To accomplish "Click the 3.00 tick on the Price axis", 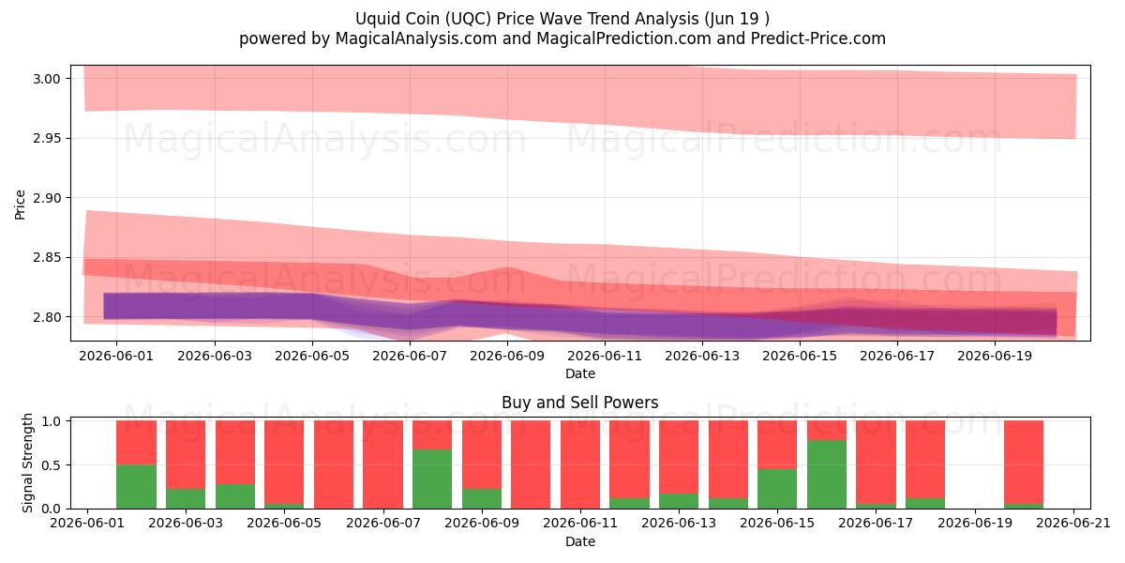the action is coord(46,79).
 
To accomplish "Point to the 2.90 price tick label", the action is coord(46,198).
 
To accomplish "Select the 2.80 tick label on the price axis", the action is coord(46,317).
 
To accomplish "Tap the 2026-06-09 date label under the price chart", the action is coord(507,356).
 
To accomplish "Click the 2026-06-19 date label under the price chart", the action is coord(995,356).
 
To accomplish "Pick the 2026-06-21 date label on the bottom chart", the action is coord(1073,523).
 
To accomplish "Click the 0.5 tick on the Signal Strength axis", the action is coord(52,465).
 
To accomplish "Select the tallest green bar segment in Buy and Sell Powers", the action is coord(827,474).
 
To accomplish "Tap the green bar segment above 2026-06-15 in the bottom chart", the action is coord(777,489).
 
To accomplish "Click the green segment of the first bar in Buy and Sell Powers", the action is coord(136,486).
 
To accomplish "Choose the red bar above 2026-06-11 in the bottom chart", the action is coord(580,464).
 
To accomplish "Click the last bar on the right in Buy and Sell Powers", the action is coord(1024,464).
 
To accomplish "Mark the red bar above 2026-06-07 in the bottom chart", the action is coord(382,464).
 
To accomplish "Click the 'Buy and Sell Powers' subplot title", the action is coord(580,403).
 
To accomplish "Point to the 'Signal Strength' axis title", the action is coord(27,463).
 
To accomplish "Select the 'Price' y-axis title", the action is coord(20,205).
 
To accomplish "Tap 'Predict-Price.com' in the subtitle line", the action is coord(818,38).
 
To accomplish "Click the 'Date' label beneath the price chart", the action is coord(580,373).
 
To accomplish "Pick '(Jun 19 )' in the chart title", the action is coord(737,19).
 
